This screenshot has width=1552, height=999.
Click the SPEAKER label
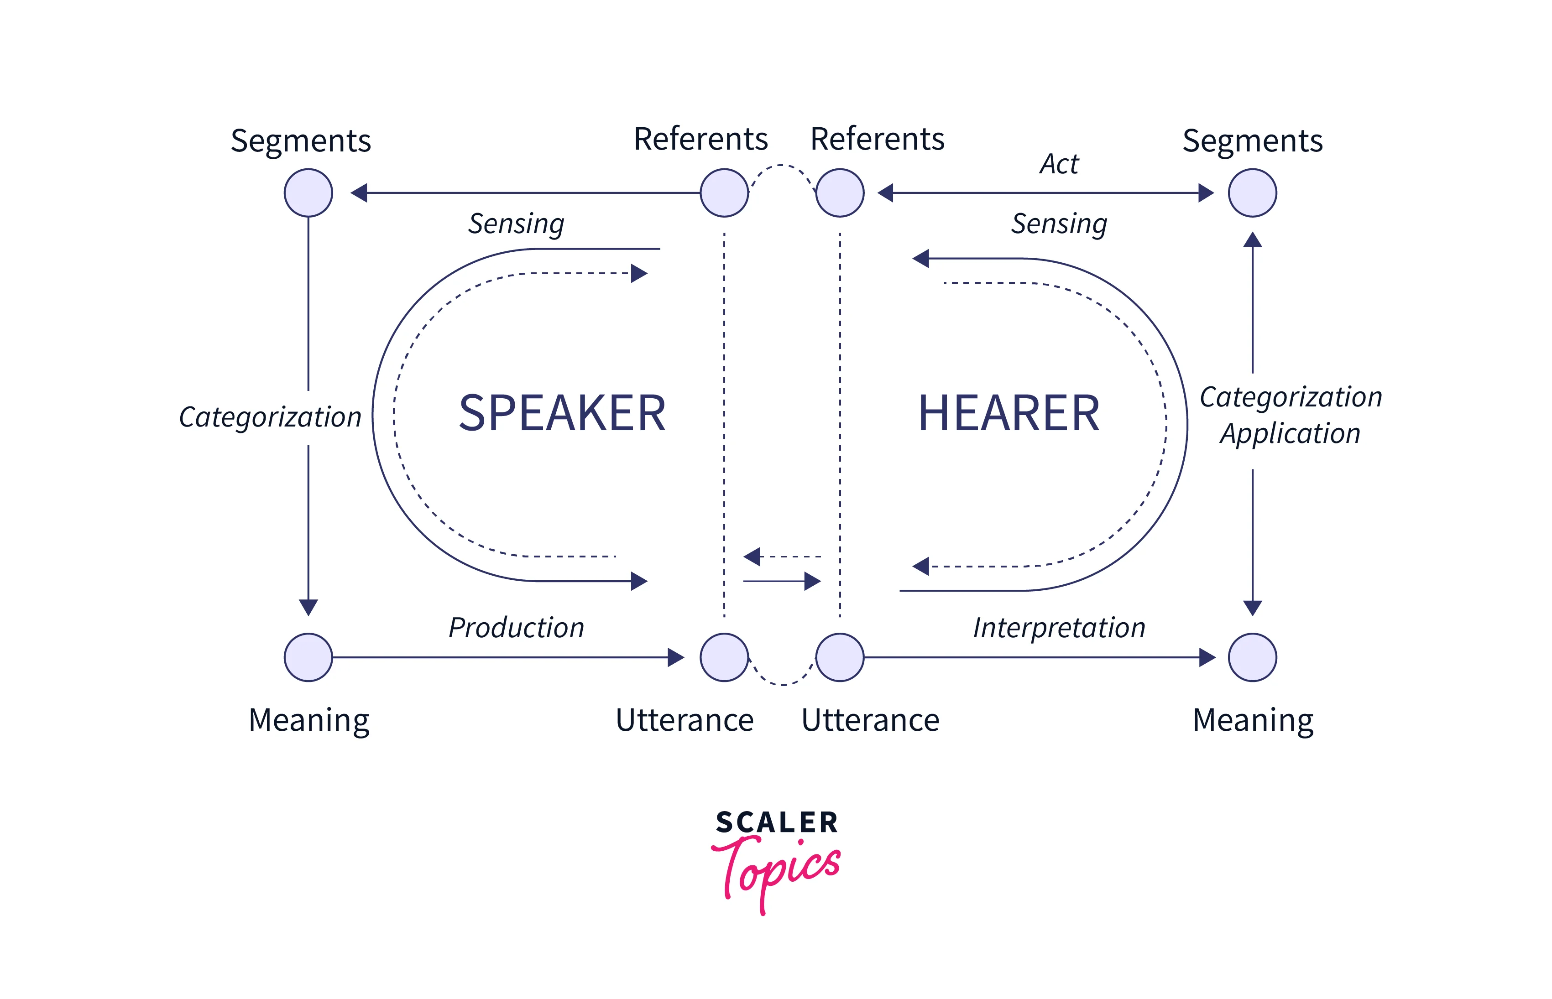click(562, 413)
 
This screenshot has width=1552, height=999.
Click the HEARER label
click(1009, 413)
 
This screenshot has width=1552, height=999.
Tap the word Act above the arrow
click(1059, 164)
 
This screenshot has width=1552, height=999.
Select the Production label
click(517, 628)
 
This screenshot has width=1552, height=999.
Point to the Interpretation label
click(1059, 628)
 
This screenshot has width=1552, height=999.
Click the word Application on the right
click(1290, 433)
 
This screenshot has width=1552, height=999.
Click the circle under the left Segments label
click(308, 193)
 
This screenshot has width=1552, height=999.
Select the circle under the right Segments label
click(1252, 193)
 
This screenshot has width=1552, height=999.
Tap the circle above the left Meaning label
click(308, 657)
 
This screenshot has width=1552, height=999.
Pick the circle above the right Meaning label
click(1252, 657)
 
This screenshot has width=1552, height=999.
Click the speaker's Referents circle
click(724, 193)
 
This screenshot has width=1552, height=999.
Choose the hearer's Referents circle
click(840, 193)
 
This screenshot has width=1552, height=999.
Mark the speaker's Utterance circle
click(724, 657)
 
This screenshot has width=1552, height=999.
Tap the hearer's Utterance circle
click(840, 657)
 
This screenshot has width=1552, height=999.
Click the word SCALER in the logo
click(777, 822)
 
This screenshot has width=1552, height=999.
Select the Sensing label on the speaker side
click(517, 224)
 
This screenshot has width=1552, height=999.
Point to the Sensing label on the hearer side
click(1059, 224)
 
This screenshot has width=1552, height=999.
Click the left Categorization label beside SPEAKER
click(270, 417)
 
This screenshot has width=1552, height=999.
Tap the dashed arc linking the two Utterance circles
click(783, 684)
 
